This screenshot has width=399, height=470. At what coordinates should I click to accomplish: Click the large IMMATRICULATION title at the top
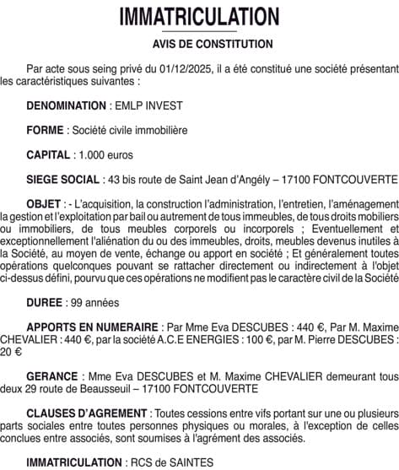[199, 17]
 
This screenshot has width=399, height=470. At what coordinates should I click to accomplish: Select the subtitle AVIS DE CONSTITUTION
[200, 44]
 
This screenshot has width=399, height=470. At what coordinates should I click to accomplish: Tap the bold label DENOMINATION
[66, 107]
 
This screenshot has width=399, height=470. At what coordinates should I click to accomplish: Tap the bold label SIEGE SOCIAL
[63, 180]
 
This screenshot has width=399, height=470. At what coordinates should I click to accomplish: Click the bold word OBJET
[43, 204]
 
